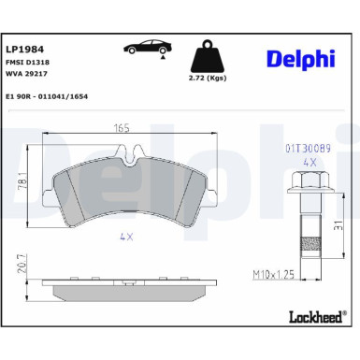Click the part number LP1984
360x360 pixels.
pos(25,50)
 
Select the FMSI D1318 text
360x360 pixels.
pos(27,63)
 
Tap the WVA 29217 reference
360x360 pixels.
pos(26,74)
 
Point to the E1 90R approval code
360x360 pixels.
pos(47,96)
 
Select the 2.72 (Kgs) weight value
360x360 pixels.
pos(208,78)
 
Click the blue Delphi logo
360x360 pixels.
pos(301,59)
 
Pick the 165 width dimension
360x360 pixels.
pos(122,128)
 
